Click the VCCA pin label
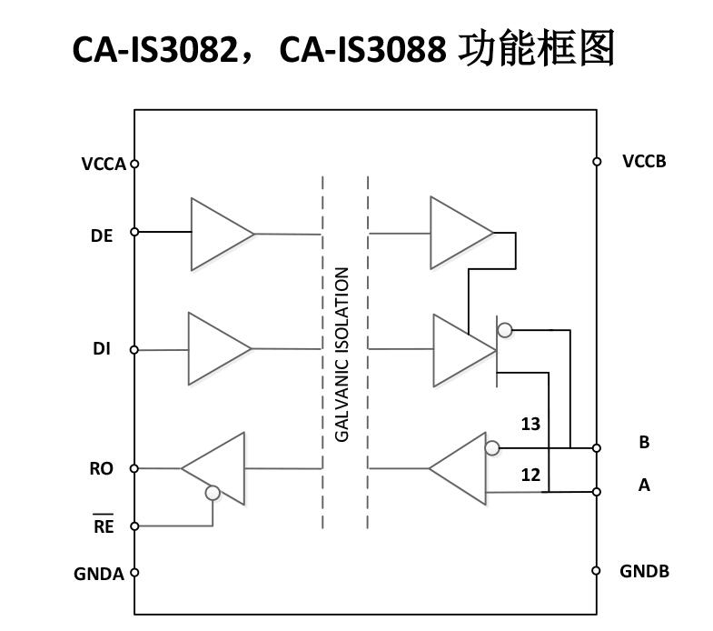(103, 165)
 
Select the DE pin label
(102, 235)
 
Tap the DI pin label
(102, 349)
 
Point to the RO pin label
(102, 469)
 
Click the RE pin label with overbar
(104, 526)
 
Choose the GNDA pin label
(99, 574)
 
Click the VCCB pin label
(644, 162)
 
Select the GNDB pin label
(644, 572)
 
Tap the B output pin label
(644, 443)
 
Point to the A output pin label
(644, 486)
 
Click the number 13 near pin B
(530, 424)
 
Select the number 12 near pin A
(530, 475)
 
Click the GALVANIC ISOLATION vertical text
(342, 354)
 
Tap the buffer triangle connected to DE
(219, 235)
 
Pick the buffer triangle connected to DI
(216, 348)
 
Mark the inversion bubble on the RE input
(213, 493)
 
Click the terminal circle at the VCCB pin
(597, 162)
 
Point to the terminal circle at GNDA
(134, 573)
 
